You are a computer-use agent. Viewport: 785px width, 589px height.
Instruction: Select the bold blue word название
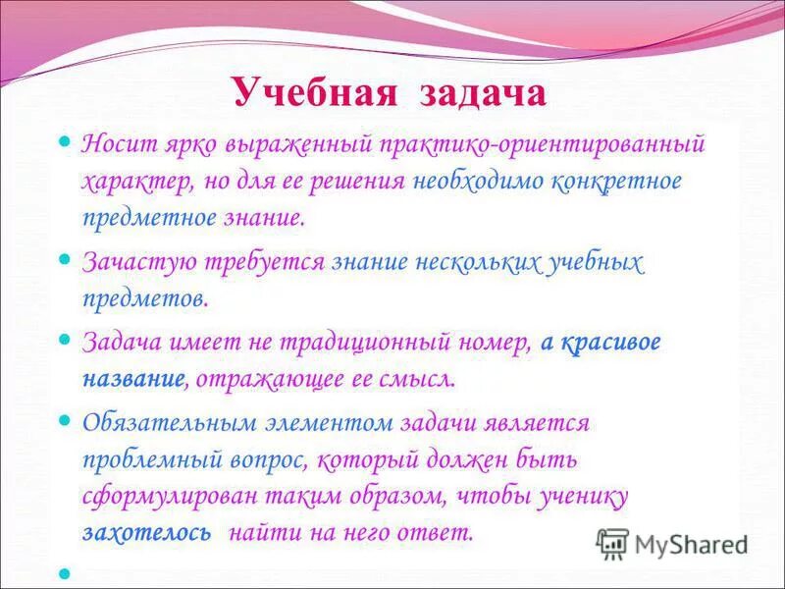click(134, 378)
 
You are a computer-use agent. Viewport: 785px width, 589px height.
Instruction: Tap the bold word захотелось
click(147, 533)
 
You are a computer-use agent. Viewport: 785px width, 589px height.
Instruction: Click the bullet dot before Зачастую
click(66, 260)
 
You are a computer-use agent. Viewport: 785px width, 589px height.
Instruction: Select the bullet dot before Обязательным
click(66, 421)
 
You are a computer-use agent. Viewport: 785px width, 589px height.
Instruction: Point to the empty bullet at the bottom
click(66, 572)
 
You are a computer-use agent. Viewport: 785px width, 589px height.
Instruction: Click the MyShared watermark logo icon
click(612, 543)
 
